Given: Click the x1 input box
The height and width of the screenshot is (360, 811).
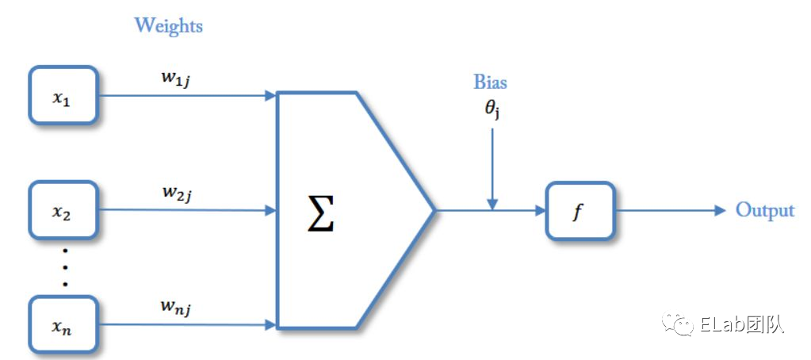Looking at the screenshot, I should [63, 96].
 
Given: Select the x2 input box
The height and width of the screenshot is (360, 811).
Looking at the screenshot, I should [63, 210].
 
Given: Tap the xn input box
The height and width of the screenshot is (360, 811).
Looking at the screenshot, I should [63, 324].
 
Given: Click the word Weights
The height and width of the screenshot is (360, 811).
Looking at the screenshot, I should [168, 25].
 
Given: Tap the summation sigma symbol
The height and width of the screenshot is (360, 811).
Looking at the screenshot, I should [322, 213].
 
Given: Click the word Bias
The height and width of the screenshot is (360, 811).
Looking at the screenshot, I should [490, 82].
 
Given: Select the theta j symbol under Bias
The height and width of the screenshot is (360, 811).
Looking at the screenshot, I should [492, 110].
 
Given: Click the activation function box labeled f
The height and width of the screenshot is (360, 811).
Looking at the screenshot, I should [580, 211].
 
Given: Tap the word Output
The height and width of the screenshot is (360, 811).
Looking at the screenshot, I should [764, 210].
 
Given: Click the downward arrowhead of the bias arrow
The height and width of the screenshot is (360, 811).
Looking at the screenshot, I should [492, 205].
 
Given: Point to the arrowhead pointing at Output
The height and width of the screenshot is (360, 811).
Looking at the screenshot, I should [720, 211].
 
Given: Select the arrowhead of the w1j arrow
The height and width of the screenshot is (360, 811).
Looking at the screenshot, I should [270, 96].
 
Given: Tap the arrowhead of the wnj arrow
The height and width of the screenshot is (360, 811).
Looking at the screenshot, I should [270, 324].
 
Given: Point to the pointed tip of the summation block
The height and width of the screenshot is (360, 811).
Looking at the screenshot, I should [433, 211].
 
